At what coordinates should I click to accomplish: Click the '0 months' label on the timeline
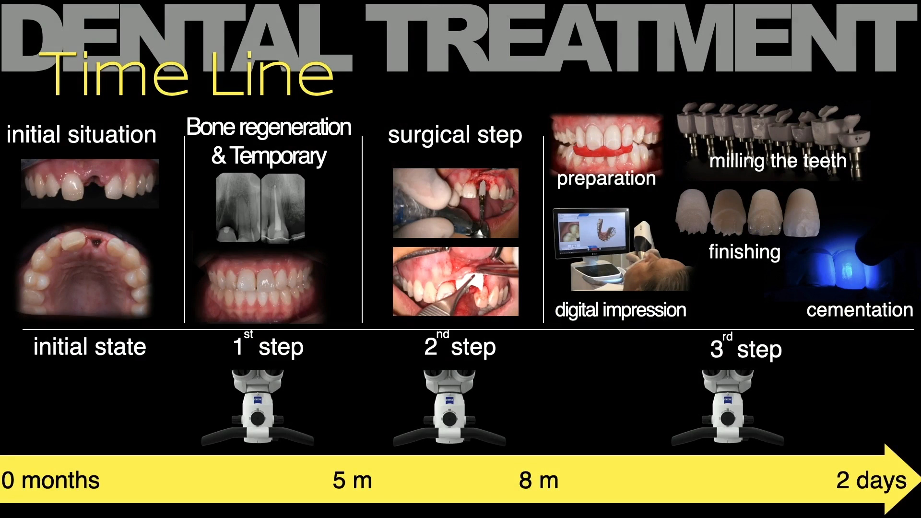(50, 480)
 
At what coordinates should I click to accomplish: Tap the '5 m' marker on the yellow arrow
(353, 480)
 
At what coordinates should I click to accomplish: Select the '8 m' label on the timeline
(539, 480)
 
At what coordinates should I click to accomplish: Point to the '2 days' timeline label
(871, 480)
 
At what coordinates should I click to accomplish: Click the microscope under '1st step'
(258, 408)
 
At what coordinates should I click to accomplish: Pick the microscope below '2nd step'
(449, 408)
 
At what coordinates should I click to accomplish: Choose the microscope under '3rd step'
(728, 408)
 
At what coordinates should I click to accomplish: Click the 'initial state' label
(90, 347)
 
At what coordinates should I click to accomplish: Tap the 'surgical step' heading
(455, 135)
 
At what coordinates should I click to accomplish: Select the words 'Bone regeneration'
(269, 127)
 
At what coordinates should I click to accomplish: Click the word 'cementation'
(860, 310)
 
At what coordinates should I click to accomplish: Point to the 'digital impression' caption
(620, 310)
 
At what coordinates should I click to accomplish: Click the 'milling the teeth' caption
(778, 161)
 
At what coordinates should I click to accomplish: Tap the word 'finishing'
(744, 252)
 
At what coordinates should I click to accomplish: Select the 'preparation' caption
(606, 178)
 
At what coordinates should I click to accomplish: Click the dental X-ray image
(260, 207)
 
